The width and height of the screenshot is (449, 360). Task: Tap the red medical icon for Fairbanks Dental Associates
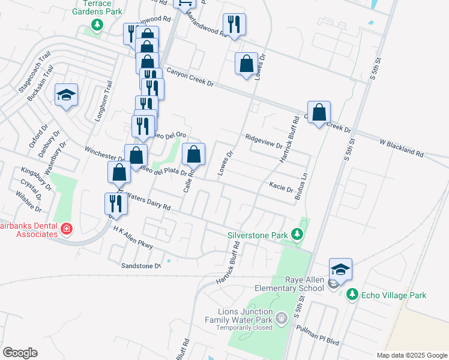(x=66, y=229)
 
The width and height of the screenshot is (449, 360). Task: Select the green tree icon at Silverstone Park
(x=296, y=235)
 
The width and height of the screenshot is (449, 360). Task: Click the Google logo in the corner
(x=20, y=353)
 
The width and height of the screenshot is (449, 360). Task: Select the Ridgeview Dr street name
(x=264, y=141)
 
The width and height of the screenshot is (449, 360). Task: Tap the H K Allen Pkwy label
(x=133, y=238)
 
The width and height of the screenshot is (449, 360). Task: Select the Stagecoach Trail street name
(x=35, y=76)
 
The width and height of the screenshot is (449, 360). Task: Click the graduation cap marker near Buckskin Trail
(x=67, y=95)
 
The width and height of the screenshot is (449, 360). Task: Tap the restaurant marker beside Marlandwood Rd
(x=234, y=25)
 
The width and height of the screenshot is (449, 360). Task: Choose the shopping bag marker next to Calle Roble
(x=193, y=155)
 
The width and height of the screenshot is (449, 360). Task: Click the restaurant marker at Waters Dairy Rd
(x=115, y=203)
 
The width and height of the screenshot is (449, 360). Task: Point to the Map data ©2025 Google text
(x=411, y=355)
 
